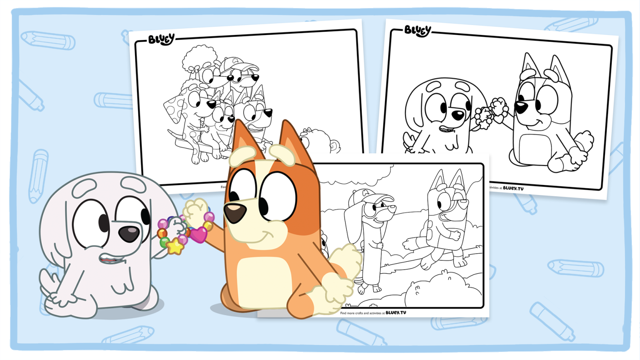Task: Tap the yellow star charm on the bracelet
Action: [x=175, y=246]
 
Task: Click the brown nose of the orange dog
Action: [x=234, y=213]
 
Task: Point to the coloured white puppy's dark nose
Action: [x=129, y=233]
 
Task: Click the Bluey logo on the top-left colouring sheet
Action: [x=161, y=39]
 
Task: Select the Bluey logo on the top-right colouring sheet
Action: [x=417, y=30]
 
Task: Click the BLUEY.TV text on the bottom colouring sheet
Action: [x=395, y=312]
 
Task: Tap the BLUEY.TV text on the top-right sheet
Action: [x=513, y=188]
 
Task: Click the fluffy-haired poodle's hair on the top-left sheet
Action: [x=199, y=57]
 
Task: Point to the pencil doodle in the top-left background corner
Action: [x=48, y=40]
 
